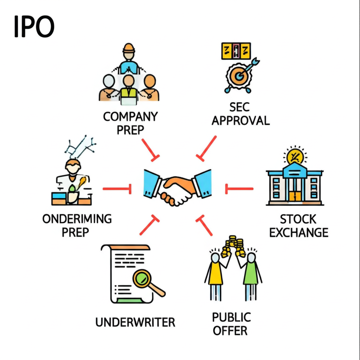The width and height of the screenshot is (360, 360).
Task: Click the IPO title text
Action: click(x=34, y=27)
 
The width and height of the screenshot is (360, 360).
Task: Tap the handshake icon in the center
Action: click(x=177, y=188)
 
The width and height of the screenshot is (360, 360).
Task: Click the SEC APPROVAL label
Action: click(x=240, y=114)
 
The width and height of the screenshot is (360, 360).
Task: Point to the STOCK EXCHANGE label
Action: click(x=299, y=226)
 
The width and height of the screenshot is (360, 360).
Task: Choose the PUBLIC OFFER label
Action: click(x=231, y=323)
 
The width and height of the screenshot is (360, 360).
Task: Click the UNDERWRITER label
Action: click(x=135, y=322)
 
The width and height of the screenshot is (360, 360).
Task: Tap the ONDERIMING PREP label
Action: click(x=77, y=225)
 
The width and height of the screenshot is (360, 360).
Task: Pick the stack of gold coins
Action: click(x=233, y=246)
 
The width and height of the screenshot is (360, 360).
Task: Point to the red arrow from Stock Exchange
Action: click(x=239, y=189)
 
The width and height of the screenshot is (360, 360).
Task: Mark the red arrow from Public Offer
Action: click(x=205, y=226)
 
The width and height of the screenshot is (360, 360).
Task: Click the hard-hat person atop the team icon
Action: click(x=129, y=56)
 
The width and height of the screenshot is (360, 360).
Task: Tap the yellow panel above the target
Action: click(x=236, y=51)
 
